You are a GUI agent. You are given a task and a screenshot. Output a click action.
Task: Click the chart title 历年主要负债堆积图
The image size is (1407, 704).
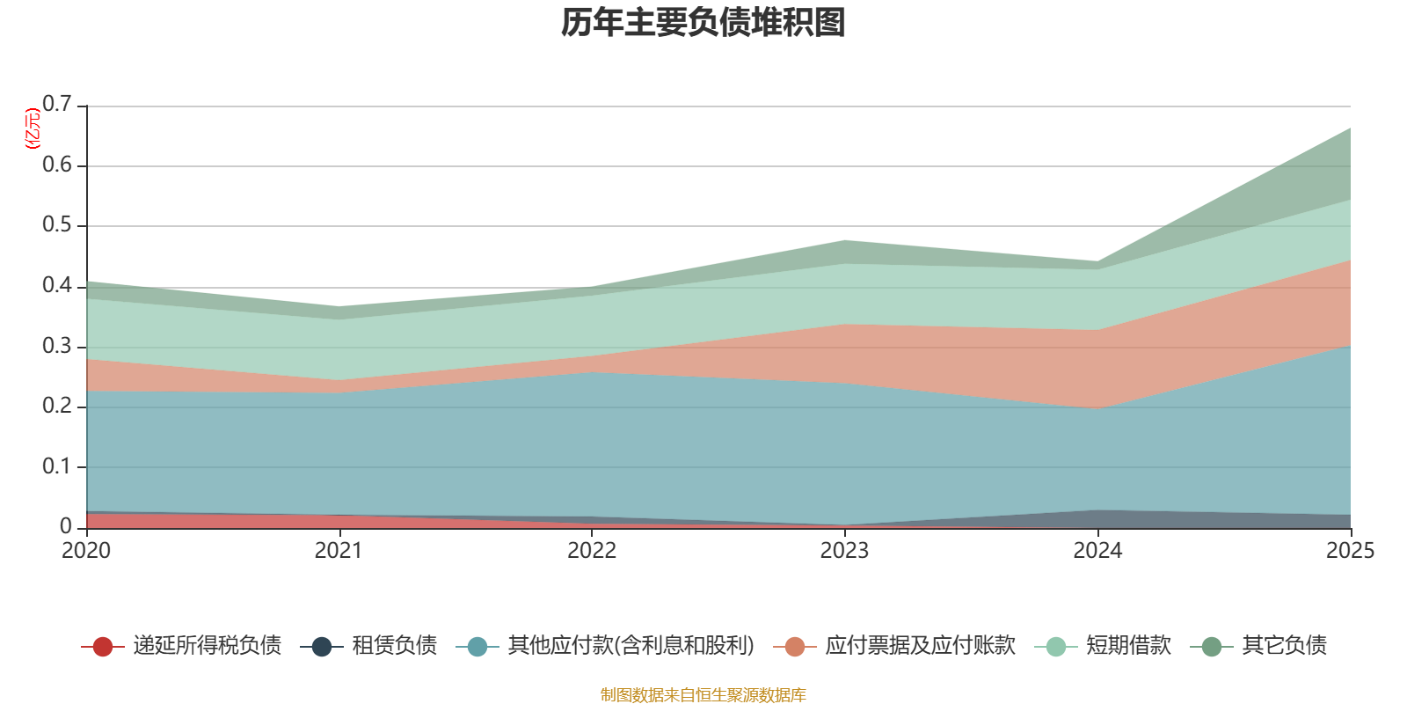point(703,23)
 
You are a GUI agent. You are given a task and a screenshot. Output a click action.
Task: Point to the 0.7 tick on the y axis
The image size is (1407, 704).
point(57,105)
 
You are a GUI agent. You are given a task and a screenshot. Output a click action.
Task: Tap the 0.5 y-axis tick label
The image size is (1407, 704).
point(57,225)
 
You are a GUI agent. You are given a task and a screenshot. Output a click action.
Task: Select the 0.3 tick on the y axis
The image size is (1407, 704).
point(57,346)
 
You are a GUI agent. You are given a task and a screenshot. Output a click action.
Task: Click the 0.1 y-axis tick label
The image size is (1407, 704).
point(57,466)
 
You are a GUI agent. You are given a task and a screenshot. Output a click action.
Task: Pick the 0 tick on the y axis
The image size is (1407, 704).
point(66,526)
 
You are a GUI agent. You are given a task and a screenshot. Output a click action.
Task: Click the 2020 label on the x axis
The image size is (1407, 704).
point(86,551)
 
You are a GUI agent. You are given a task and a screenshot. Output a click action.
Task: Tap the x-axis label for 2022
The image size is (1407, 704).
point(592,551)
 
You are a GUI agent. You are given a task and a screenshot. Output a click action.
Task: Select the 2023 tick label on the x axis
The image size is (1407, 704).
point(844,551)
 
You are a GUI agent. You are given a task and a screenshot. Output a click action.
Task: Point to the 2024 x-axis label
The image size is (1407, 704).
point(1097,551)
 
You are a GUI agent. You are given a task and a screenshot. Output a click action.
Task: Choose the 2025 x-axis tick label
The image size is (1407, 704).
point(1349,551)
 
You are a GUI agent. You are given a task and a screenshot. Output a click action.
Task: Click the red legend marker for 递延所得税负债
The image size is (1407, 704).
point(103,647)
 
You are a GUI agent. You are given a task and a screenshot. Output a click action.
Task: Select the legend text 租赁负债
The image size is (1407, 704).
point(394,646)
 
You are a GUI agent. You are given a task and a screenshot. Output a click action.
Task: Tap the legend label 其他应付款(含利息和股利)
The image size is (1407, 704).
point(631,646)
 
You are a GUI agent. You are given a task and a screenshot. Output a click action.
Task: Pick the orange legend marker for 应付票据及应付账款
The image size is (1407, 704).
point(795,647)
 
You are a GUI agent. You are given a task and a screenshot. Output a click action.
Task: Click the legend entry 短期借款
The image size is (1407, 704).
point(1128,646)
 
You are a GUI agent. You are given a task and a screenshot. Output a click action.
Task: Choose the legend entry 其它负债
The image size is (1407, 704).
point(1284,646)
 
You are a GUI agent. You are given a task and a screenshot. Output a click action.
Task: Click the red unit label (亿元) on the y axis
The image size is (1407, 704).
point(33,128)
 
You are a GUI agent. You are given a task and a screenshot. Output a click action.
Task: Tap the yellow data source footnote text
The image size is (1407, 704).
point(703,695)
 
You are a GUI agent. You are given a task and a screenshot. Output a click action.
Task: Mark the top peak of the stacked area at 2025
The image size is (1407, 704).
point(1350,128)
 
